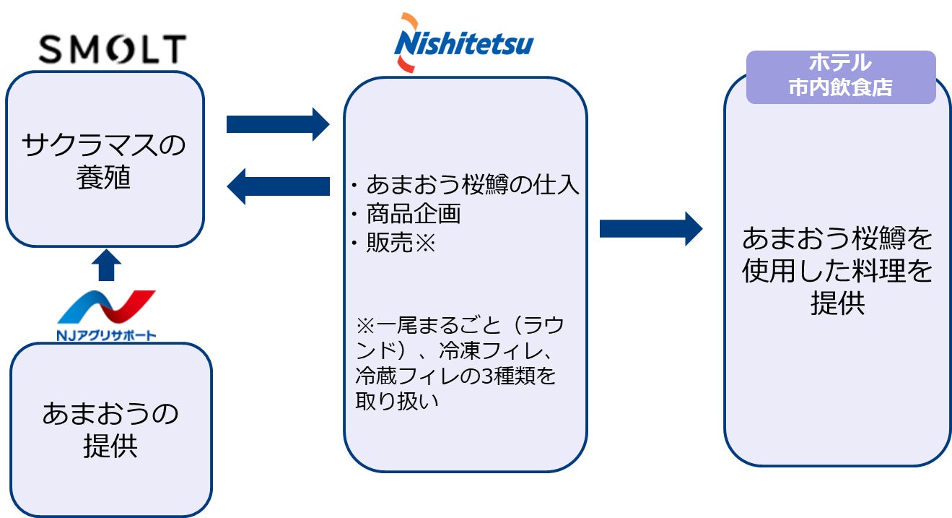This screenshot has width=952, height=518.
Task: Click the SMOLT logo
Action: pyautogui.click(x=112, y=49)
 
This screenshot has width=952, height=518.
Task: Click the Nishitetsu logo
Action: pyautogui.click(x=463, y=43)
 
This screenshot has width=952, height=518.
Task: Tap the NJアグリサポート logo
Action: pyautogui.click(x=106, y=316)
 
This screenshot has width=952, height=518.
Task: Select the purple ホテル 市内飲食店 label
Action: pyautogui.click(x=841, y=77)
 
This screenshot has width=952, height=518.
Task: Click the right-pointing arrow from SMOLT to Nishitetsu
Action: pyautogui.click(x=278, y=124)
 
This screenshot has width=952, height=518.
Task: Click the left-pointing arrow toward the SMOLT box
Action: pyautogui.click(x=279, y=186)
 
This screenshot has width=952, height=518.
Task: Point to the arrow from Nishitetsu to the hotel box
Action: pyautogui.click(x=651, y=229)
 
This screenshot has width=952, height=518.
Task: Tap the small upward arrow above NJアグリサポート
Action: pyautogui.click(x=106, y=265)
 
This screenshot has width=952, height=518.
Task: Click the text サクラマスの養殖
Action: pyautogui.click(x=104, y=161)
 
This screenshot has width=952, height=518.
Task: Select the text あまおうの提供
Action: pyautogui.click(x=110, y=430)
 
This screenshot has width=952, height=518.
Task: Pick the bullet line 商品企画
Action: pyautogui.click(x=406, y=214)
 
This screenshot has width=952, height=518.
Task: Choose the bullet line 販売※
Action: pyautogui.click(x=393, y=243)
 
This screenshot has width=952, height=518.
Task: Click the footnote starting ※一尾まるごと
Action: pyautogui.click(x=460, y=363)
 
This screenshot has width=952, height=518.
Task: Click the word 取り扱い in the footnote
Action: pyautogui.click(x=396, y=401)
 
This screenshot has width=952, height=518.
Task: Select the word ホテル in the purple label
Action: pyautogui.click(x=840, y=63)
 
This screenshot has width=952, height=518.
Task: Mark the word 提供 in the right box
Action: pyautogui.click(x=838, y=303)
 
